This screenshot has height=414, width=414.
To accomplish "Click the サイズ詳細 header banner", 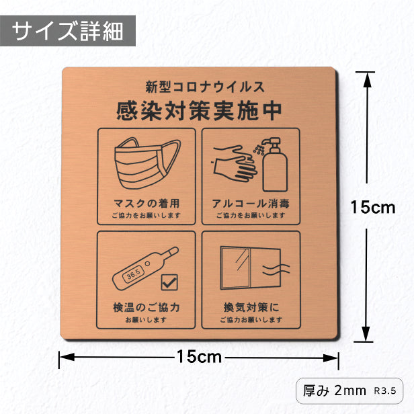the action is click(68, 31).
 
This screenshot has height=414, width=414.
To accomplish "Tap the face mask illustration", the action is click(147, 163).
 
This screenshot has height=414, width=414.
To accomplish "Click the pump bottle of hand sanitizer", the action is click(274, 164).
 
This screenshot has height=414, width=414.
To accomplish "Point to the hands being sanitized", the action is click(235, 163).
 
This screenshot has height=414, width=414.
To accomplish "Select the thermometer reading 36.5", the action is click(145, 269).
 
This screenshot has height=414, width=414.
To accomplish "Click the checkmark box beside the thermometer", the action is click(169, 282).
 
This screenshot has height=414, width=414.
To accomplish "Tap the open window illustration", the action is click(250, 268).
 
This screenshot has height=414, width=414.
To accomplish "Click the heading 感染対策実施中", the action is click(199, 111).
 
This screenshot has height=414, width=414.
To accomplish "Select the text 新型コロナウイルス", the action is click(205, 87).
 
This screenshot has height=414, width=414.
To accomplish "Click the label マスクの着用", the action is click(147, 203).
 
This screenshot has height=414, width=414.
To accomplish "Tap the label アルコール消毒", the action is click(251, 203).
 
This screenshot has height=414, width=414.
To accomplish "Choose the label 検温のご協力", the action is click(147, 307).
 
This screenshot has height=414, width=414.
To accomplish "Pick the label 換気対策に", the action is click(251, 307).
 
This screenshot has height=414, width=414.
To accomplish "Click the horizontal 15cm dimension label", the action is click(200, 357).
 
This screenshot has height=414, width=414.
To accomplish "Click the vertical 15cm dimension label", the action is click(373, 207).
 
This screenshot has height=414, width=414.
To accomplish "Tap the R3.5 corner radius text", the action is click(385, 390).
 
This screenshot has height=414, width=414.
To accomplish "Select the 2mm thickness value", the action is click(350, 390).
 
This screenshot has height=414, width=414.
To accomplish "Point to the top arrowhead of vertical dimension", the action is click(367, 79).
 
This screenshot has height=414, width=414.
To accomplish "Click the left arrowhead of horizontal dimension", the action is click(67, 358).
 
